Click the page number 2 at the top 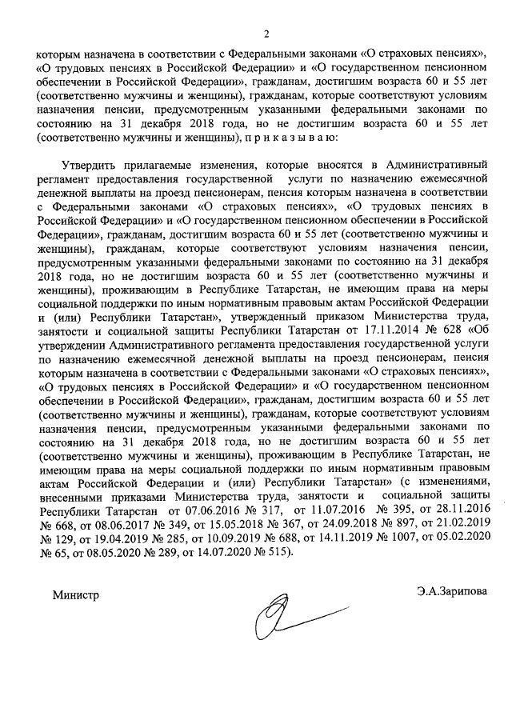tap(268, 34)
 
